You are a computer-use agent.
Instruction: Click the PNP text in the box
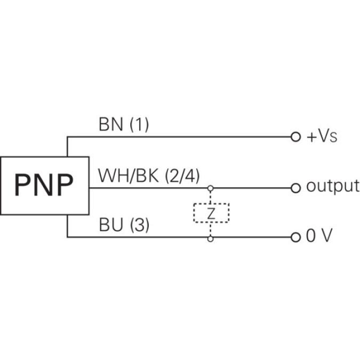tap(44, 186)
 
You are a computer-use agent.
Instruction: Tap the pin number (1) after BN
tap(139, 125)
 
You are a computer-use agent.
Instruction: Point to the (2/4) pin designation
tap(182, 175)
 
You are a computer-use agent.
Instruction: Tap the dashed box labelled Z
tap(211, 213)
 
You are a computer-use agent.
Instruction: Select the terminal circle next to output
tap(295, 188)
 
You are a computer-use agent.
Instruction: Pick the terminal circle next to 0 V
tap(295, 237)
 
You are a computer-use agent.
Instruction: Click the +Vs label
tap(322, 137)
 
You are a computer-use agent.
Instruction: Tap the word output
tap(332, 187)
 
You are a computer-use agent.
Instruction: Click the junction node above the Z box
tap(211, 188)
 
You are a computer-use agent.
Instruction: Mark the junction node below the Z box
tap(211, 238)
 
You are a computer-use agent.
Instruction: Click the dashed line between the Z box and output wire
tap(211, 196)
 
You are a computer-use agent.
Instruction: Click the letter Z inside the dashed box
tap(211, 213)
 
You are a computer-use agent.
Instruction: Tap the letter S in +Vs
tap(333, 138)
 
